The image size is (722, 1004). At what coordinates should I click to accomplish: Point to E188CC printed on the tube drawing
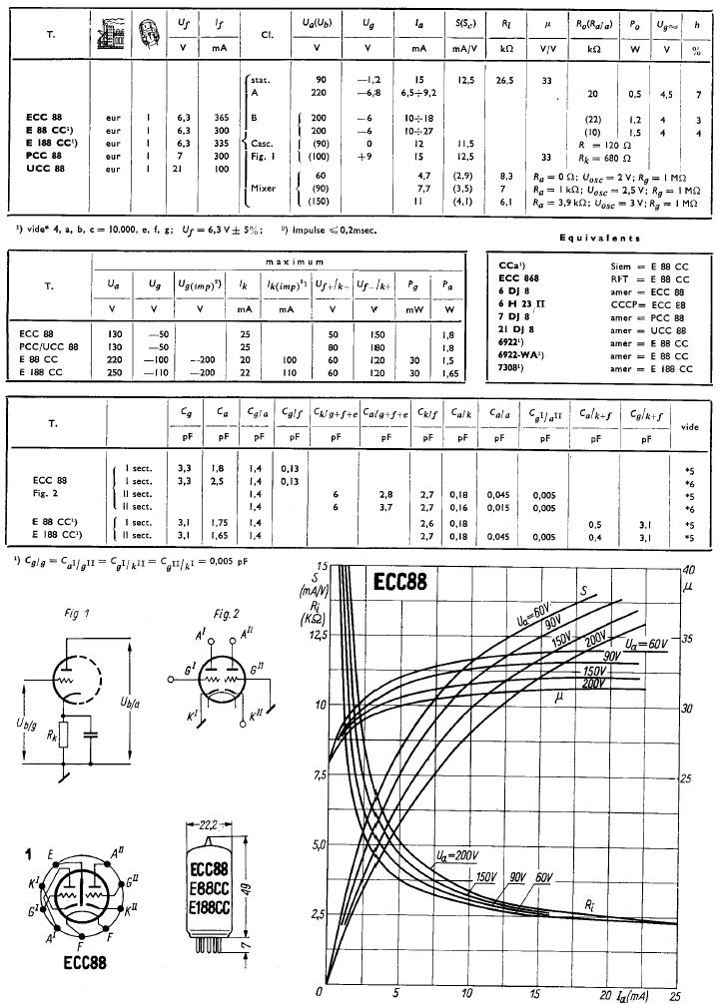[210, 908]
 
